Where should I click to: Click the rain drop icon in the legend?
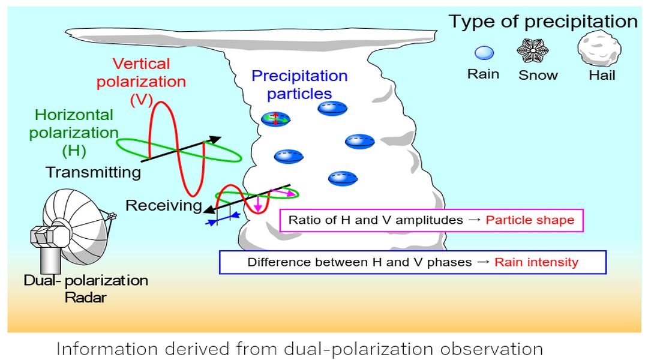coord(484,53)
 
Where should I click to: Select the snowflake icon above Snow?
coord(533,50)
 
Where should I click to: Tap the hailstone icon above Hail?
coord(599,48)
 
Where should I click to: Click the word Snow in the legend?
coord(538,75)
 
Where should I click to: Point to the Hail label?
coord(602,75)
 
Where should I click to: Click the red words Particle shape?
coord(530,220)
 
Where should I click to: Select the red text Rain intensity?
coord(536,262)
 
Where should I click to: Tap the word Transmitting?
coord(94,172)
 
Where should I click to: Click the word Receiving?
coord(164,205)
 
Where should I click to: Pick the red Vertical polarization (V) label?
coord(142,82)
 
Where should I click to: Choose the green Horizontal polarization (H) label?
coord(74,133)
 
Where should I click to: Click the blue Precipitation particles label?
coord(299,85)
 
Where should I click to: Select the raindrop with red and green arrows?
coord(275,119)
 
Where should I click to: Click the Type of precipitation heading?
coord(543,22)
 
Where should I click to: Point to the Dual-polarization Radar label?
coord(86,289)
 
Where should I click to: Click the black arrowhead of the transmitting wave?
coord(215,140)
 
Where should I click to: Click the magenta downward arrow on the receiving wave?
coord(258,203)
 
